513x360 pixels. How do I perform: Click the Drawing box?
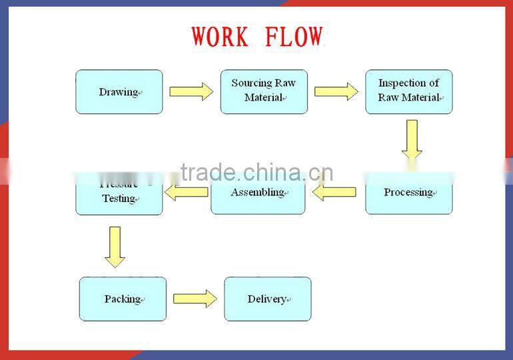pos(119,92)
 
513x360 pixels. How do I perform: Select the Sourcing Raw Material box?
pos(264,91)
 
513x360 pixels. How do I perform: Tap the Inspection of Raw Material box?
pos(408,91)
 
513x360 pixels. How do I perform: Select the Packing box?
pos(123,299)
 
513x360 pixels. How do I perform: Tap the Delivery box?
pos(267,299)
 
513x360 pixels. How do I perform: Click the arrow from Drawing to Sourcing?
pos(191,92)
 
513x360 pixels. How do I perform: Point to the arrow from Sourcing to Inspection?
pos(336,91)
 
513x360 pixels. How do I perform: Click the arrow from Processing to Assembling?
pos(334,193)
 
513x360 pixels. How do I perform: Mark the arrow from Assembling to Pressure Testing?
pos(187,193)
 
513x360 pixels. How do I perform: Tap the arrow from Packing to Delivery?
pos(195,299)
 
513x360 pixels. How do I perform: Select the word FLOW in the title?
pos(294,37)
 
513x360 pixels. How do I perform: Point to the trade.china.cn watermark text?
pos(256,173)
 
